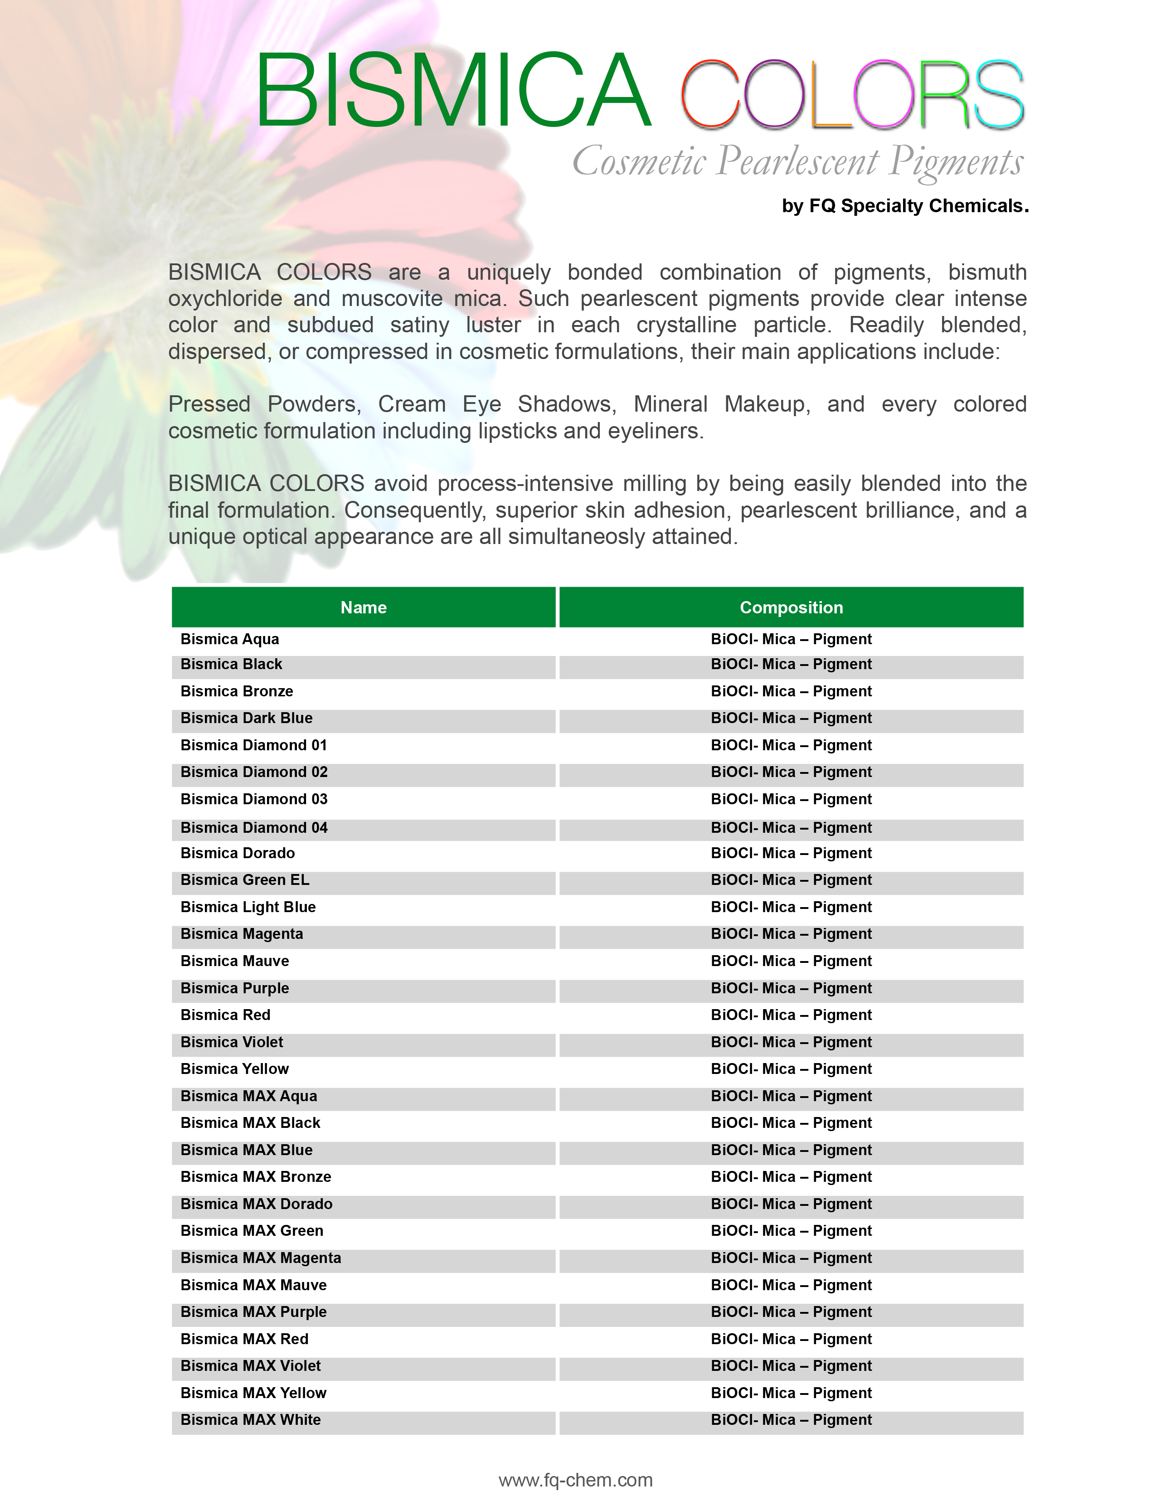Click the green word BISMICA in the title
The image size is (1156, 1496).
[452, 91]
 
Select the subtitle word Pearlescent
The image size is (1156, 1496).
[798, 162]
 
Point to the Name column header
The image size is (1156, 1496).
[364, 607]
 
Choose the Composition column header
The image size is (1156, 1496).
[791, 607]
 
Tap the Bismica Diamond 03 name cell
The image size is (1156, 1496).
[253, 799]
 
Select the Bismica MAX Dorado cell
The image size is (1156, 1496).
[256, 1204]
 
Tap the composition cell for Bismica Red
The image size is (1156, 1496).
[791, 1015]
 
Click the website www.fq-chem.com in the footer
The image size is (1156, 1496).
[575, 1480]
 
